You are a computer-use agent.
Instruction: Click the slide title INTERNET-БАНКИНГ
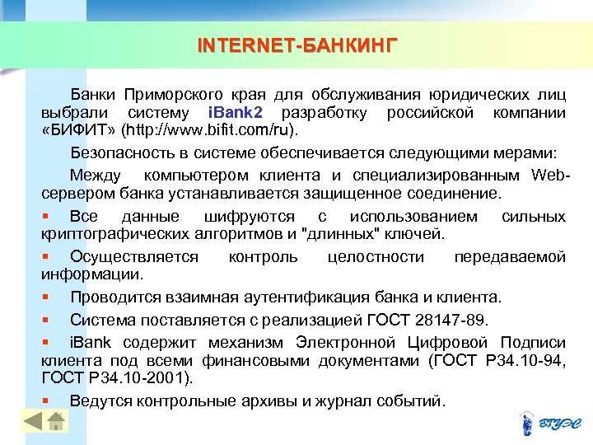tap(296, 44)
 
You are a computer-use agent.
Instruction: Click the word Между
tap(96, 174)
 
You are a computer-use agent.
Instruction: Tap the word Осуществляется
tap(133, 256)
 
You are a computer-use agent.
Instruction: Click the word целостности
tap(376, 256)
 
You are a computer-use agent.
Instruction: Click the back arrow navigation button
tap(33, 421)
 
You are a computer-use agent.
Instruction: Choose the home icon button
tap(55, 421)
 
